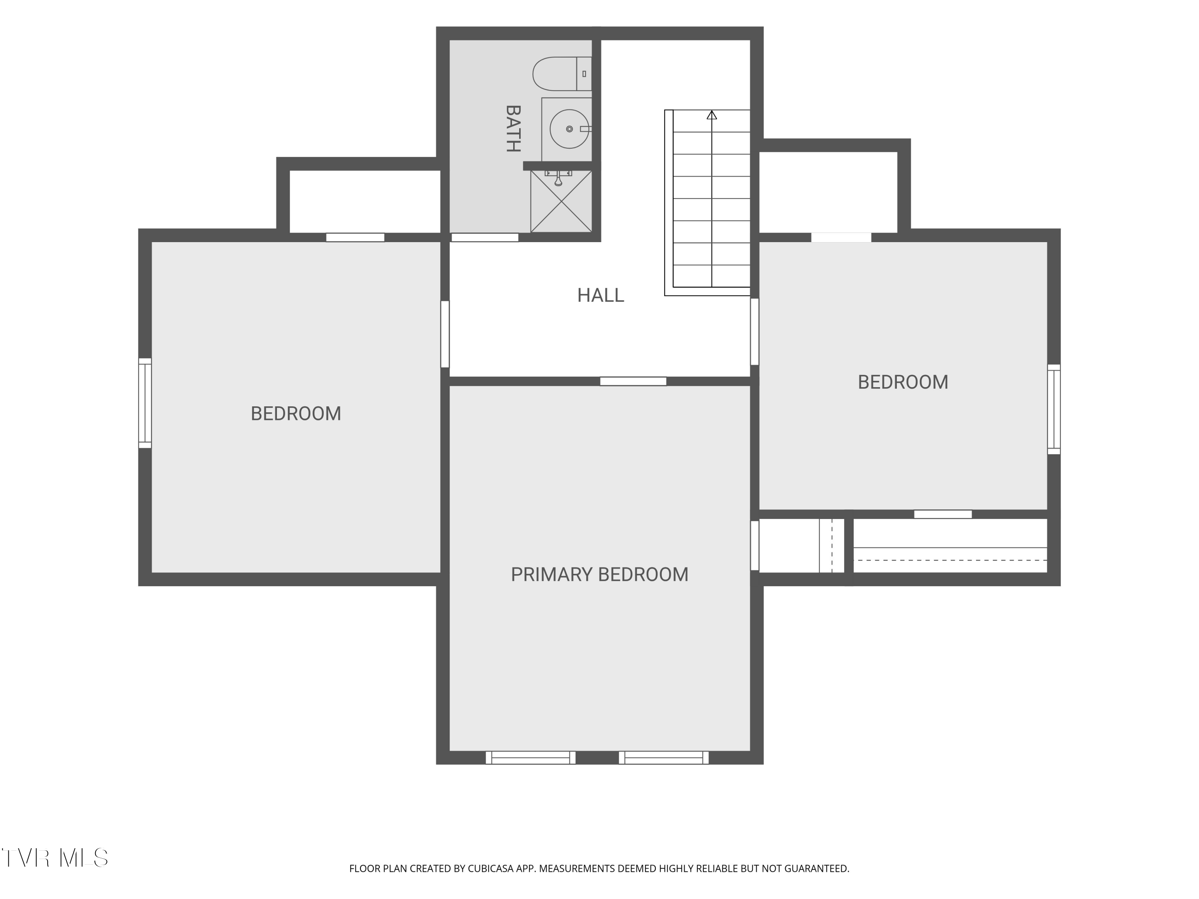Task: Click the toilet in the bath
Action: click(x=562, y=74)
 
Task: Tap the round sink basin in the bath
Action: click(x=569, y=129)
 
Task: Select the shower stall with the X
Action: click(x=561, y=201)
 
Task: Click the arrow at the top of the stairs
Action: click(x=712, y=115)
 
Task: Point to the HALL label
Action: click(x=601, y=295)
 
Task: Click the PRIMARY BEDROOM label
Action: click(x=599, y=575)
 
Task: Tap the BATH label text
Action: click(x=513, y=128)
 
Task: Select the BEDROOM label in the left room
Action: click(x=296, y=414)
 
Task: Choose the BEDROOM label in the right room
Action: click(x=903, y=382)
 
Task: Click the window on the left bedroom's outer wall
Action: click(x=145, y=403)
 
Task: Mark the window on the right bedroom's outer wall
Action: click(x=1054, y=409)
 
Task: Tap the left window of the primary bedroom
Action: click(x=531, y=758)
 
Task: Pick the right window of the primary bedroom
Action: click(x=663, y=758)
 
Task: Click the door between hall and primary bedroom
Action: click(x=633, y=382)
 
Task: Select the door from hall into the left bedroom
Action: click(x=445, y=334)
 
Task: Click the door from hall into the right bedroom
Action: click(x=755, y=332)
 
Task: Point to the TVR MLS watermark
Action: click(x=55, y=858)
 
